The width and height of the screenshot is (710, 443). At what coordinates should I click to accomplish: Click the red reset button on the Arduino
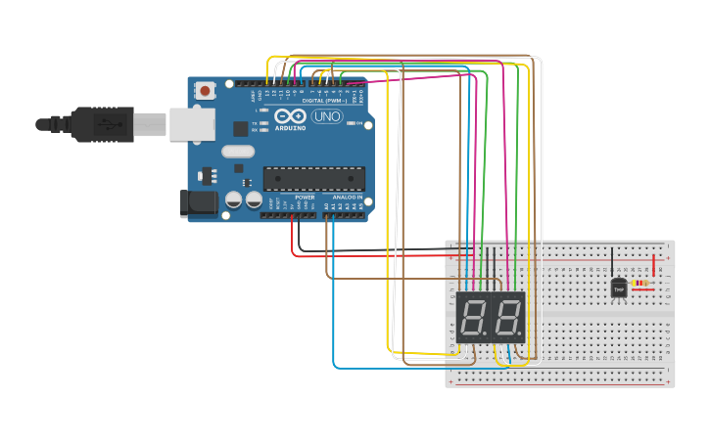coord(205,91)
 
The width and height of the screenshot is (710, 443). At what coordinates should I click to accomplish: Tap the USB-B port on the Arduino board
coord(192,124)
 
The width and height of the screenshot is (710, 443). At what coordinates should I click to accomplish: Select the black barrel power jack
coord(199,203)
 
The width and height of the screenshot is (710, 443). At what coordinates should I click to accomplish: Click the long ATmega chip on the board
coord(313,178)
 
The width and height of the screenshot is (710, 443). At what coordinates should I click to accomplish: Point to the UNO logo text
coord(326,117)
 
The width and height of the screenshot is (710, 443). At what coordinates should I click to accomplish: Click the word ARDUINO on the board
coord(291,128)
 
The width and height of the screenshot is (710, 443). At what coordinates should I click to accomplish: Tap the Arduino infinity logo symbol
coord(291,115)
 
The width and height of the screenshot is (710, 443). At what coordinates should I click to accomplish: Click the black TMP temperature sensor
coord(619,288)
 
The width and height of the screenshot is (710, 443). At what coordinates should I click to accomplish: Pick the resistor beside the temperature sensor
coord(641,285)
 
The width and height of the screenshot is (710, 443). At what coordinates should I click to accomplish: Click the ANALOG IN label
coord(347,198)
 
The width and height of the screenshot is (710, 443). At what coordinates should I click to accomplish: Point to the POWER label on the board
coord(305,198)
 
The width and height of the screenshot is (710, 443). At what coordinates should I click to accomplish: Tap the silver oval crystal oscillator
coord(238,152)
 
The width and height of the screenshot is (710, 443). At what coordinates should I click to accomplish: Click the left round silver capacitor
coord(233,199)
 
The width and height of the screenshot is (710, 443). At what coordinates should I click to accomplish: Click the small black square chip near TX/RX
coord(240,128)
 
